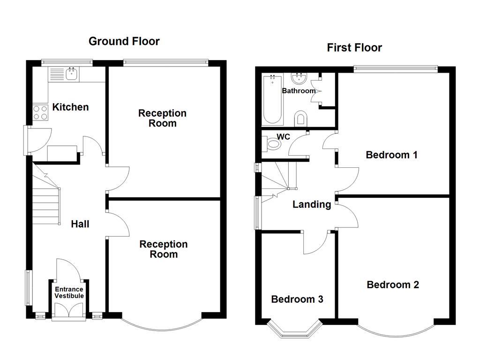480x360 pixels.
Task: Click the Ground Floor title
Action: (124, 41)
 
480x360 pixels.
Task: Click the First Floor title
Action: (354, 47)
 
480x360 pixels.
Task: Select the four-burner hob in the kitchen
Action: (40, 112)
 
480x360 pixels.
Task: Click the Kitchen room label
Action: (70, 107)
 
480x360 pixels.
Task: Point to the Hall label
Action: (80, 224)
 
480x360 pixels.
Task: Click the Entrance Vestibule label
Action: (69, 292)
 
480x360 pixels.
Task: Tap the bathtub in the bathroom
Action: (272, 99)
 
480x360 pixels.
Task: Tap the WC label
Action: (284, 137)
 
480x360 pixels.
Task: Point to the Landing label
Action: (312, 204)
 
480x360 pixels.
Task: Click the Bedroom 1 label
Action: (391, 155)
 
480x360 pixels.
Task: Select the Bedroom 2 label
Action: (393, 285)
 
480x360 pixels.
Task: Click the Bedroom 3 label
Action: (297, 299)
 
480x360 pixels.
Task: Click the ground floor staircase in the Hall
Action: (46, 197)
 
